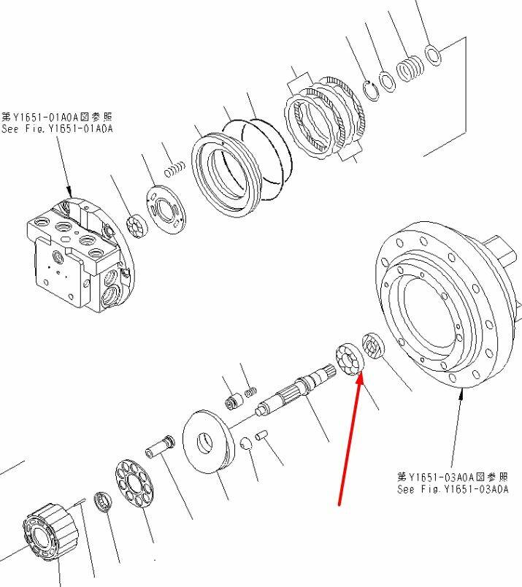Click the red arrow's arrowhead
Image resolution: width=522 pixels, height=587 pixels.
[359, 377]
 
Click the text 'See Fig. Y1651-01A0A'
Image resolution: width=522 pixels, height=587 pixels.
[57, 129]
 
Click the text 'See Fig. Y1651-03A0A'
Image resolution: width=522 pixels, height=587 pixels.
[453, 489]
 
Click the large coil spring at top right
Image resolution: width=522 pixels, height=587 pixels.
[410, 68]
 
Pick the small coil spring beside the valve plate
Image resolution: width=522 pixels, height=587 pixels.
[174, 169]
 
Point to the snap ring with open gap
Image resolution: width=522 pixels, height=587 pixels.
[371, 91]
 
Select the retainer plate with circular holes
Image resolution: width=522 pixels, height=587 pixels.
[134, 484]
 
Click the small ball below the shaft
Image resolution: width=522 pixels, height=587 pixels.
[245, 443]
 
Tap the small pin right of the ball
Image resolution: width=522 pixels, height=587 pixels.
[261, 436]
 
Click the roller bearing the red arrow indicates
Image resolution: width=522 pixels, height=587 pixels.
[350, 358]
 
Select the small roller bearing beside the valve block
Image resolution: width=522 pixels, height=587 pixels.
[137, 226]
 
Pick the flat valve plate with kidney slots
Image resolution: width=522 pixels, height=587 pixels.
[166, 210]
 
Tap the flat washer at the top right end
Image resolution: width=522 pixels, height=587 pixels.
[433, 55]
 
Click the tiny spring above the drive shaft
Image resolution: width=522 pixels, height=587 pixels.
[251, 391]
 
